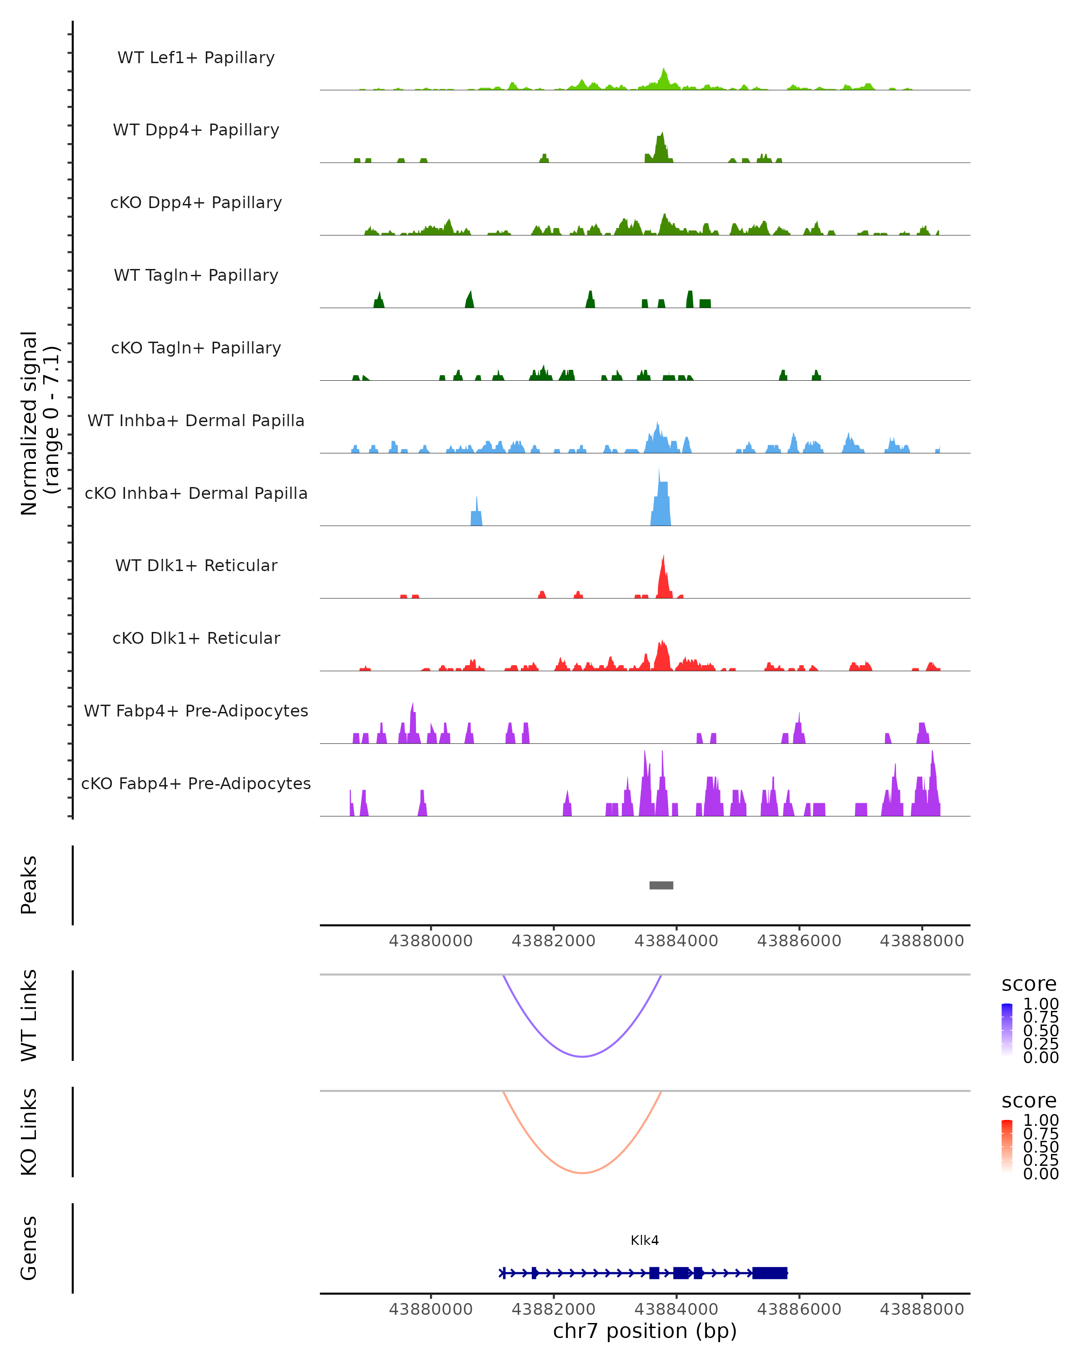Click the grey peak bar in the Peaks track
(661, 885)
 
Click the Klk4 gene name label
(645, 1240)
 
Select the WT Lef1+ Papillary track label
(196, 58)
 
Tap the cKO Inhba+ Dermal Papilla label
(196, 493)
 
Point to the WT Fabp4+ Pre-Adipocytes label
(196, 711)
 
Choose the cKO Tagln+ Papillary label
(196, 348)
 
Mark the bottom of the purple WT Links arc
(582, 1056)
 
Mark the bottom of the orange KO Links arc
(582, 1173)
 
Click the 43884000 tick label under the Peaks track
(676, 941)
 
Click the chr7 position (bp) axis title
(645, 1331)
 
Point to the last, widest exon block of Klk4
(770, 1273)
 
